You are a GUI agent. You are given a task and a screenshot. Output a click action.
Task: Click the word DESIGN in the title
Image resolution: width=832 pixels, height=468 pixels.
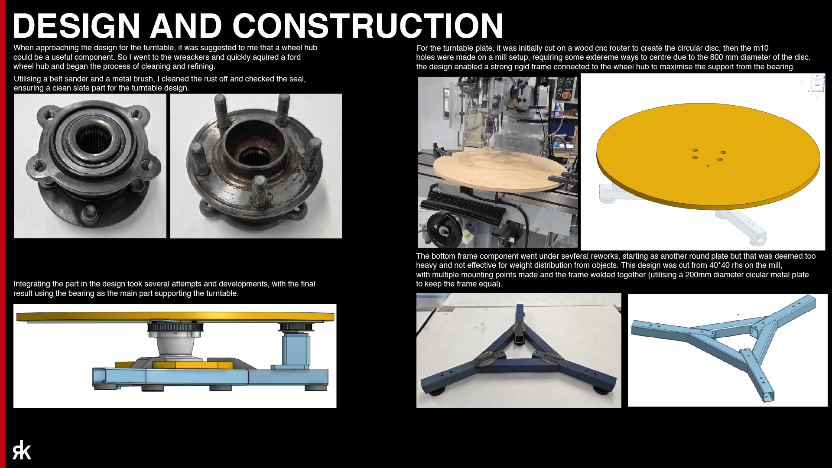77,26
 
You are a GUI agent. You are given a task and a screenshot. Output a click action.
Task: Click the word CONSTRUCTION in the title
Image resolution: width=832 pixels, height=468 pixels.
368,26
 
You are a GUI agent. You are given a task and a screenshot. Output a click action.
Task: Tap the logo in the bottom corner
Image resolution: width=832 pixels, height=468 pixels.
22,450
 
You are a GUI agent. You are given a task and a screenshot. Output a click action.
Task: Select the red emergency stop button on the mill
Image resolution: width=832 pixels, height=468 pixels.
566,95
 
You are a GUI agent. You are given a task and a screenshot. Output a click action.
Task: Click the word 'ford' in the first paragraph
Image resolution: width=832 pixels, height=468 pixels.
294,57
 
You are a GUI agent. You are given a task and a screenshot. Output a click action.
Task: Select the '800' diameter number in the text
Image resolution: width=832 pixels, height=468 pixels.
717,57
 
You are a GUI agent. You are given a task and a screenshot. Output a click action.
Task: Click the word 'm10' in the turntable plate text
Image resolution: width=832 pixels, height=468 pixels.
761,48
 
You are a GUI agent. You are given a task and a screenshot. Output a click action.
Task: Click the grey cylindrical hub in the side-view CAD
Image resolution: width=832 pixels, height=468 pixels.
175,347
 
